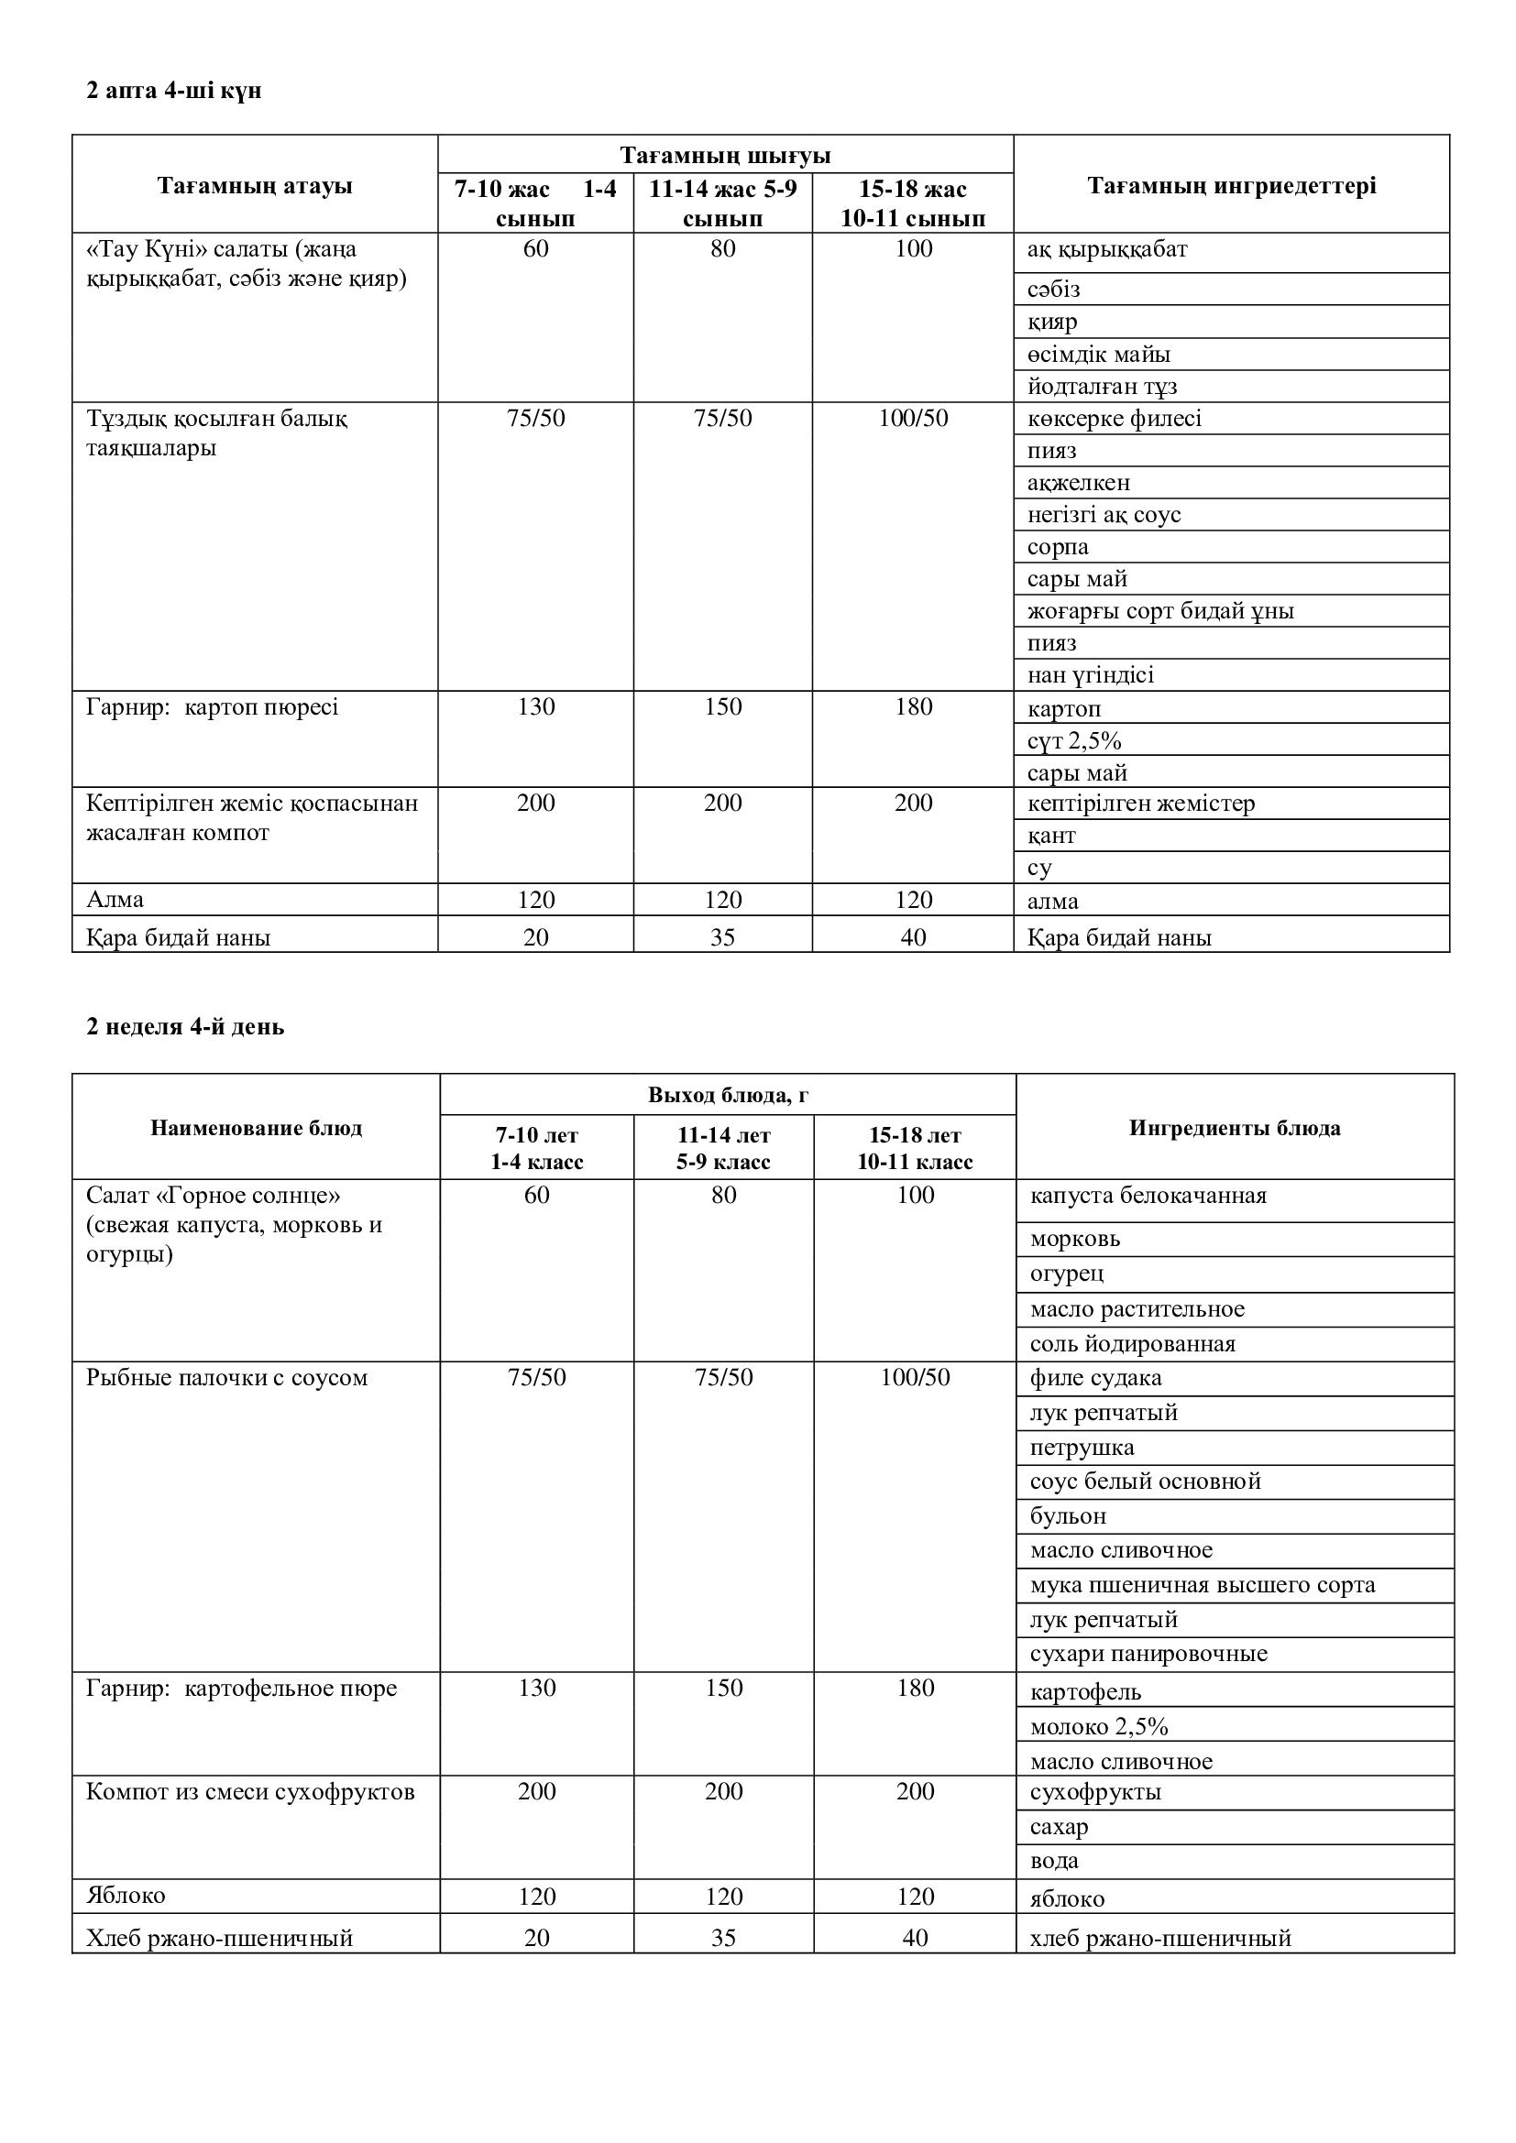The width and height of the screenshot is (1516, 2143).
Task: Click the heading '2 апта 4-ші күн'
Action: click(173, 91)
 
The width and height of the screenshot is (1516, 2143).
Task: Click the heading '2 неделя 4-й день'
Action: click(185, 1027)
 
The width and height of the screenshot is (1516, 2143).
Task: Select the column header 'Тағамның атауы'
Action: click(255, 186)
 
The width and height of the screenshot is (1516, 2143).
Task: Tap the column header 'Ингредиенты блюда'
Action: click(1234, 1128)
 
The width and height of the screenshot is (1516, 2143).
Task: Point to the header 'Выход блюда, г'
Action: click(727, 1095)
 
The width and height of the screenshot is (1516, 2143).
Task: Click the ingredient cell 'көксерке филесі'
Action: click(1114, 418)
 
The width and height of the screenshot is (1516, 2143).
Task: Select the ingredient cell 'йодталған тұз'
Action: click(1102, 387)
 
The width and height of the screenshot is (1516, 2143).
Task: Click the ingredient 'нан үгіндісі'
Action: click(1091, 675)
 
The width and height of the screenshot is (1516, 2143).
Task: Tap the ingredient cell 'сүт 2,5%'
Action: click(1073, 740)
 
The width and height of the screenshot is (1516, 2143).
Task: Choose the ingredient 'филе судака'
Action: click(1095, 1378)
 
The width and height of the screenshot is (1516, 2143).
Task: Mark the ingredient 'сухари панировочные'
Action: click(1148, 1654)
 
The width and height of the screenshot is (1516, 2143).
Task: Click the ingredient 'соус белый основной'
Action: click(1145, 1482)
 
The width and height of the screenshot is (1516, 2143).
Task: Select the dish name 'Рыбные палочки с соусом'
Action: click(226, 1378)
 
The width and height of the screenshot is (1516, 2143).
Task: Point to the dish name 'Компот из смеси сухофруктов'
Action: click(250, 1791)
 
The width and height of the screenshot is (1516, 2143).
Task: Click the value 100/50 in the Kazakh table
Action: click(913, 418)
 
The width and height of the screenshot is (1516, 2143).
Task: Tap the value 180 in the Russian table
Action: click(915, 1688)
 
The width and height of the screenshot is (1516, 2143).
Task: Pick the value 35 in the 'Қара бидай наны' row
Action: click(722, 937)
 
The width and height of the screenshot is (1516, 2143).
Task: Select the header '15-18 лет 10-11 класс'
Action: click(915, 1148)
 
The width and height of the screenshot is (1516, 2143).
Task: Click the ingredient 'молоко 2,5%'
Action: click(1099, 1727)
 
